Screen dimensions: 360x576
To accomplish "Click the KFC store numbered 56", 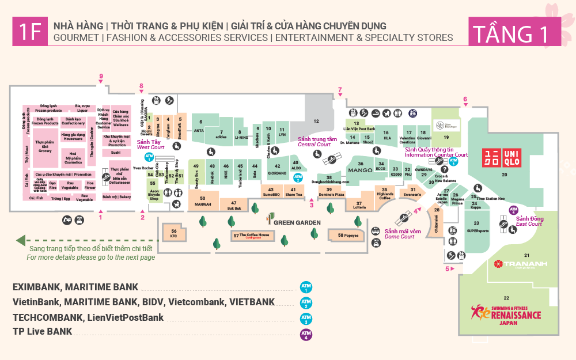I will point(173,232).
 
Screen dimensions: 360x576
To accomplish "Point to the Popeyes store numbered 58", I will point(348,235).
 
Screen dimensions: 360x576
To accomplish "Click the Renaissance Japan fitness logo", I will point(506,313).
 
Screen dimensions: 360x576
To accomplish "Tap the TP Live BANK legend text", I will point(43,331).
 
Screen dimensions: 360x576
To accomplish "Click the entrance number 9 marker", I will point(101,77).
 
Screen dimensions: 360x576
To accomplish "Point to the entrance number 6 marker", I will point(465,99).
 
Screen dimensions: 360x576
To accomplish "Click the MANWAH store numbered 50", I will point(202,201).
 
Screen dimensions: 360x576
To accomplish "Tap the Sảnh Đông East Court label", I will point(529,221).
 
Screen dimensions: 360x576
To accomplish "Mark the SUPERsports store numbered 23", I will point(476,227).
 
